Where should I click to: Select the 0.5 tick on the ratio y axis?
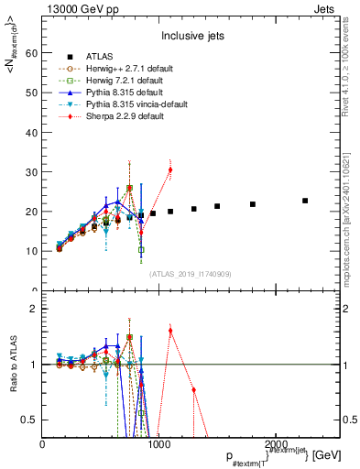point(33,420)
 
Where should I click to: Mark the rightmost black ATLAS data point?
point(305,201)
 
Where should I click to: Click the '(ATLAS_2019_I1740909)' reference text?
point(191,274)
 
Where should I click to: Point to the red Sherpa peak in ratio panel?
point(170,330)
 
